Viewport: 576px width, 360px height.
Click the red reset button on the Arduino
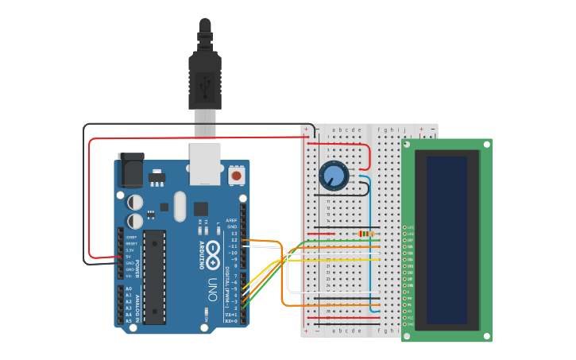(x=236, y=174)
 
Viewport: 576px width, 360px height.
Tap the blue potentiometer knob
(x=334, y=175)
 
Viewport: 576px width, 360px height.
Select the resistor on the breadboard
(x=366, y=233)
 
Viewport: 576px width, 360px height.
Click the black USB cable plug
(x=204, y=79)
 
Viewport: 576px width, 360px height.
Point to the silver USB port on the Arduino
(x=205, y=163)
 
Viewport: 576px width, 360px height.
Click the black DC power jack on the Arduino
(x=130, y=169)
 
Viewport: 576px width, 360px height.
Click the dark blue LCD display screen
(x=446, y=239)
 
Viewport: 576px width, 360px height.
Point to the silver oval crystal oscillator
(x=180, y=206)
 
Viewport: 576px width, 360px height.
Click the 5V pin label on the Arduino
(x=130, y=257)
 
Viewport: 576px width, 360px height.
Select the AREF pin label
(x=232, y=220)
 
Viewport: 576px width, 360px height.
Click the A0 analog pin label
(x=130, y=289)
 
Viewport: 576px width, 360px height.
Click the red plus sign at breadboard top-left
(x=306, y=129)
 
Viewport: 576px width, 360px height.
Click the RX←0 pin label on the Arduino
(x=231, y=320)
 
